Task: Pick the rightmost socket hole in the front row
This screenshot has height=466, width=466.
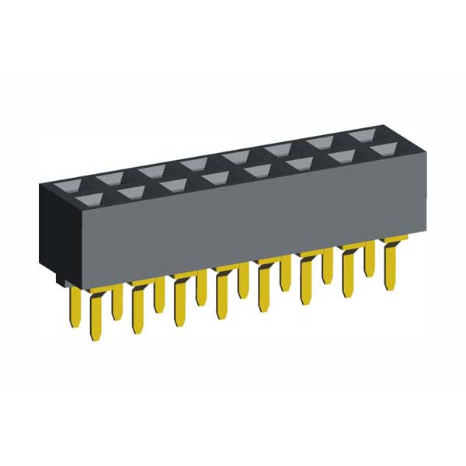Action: coord(381,149)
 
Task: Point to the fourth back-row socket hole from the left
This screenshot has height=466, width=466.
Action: coord(235,158)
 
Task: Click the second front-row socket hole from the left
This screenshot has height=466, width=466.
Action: coord(129,193)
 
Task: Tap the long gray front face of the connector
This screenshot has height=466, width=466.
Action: coord(233,225)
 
